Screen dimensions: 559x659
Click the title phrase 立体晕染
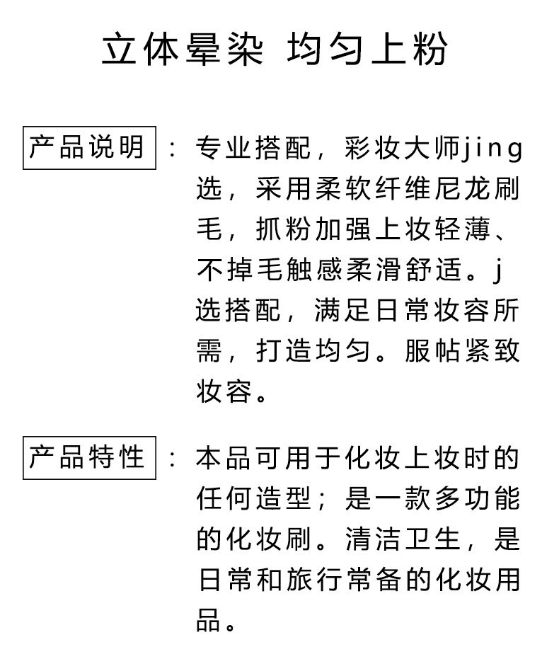tap(183, 51)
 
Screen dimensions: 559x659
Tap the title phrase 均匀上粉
tap(368, 51)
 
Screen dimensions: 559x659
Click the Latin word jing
tap(493, 149)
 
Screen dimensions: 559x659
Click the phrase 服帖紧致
tap(463, 351)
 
